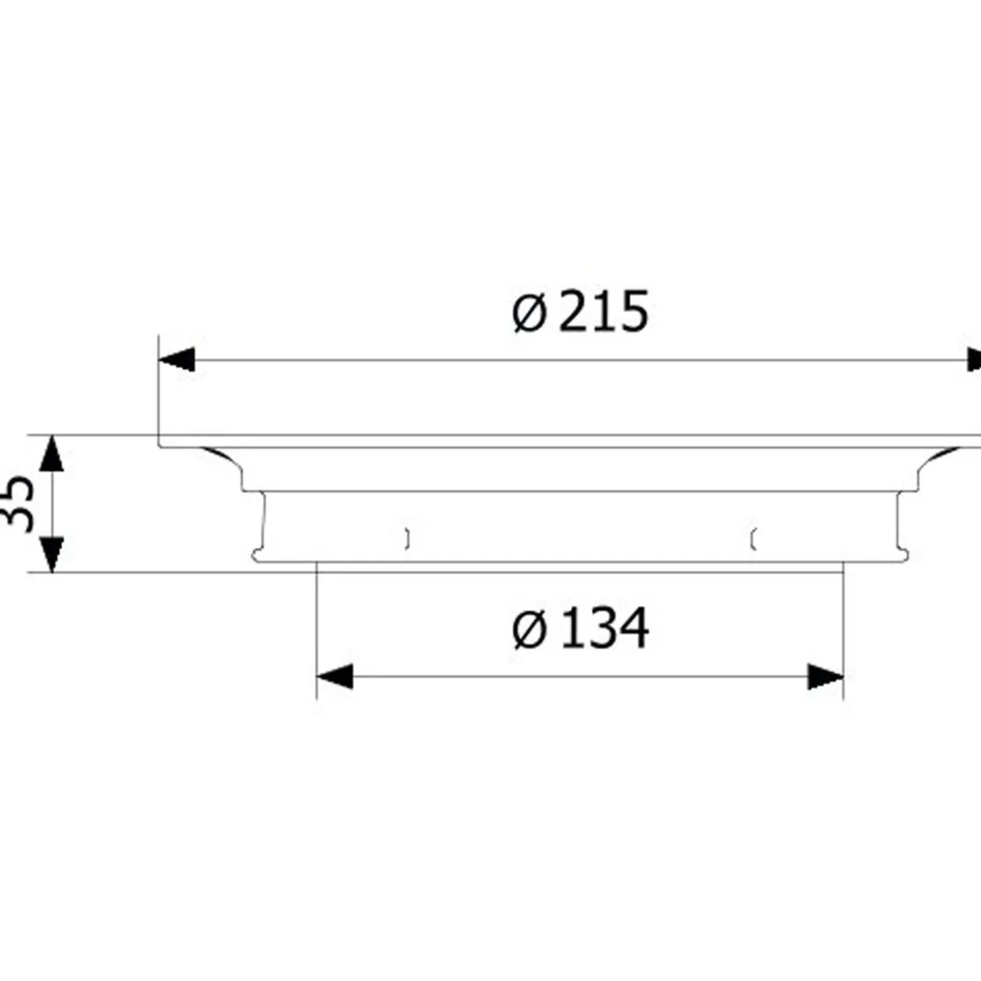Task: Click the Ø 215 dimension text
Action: tap(580, 311)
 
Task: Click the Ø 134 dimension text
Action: tap(580, 628)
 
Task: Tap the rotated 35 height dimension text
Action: tap(20, 504)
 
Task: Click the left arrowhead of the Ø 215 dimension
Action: tap(177, 360)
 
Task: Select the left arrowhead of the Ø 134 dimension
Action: tap(334, 676)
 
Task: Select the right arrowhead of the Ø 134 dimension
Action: tap(826, 676)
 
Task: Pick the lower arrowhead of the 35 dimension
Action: tap(52, 554)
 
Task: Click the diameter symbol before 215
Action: tap(530, 314)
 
